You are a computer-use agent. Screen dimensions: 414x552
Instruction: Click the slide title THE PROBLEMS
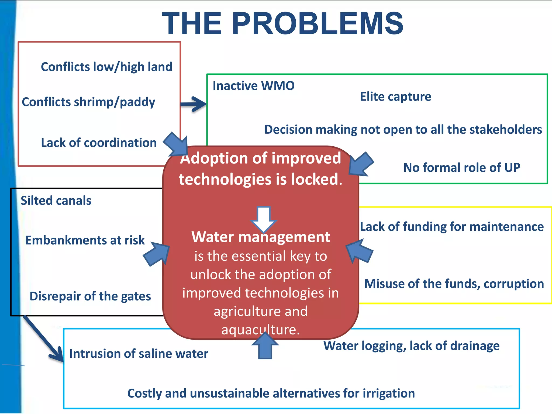282,24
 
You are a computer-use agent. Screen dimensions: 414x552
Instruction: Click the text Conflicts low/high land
106,67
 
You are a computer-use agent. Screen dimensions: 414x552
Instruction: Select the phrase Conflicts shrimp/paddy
88,102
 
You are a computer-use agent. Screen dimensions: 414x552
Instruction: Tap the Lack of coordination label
99,143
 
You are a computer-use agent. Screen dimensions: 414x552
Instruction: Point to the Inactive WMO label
253,86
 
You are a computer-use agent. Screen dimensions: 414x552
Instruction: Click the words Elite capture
395,97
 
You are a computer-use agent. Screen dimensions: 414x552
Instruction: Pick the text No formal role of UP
461,168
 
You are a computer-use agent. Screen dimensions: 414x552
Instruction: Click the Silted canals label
56,201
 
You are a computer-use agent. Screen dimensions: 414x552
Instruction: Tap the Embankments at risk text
85,240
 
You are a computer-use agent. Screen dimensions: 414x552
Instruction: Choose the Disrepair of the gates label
90,296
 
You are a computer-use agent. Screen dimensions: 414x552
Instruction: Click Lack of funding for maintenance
452,227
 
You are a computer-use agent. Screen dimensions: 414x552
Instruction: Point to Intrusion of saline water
139,354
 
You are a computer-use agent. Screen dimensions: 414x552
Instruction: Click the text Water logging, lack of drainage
411,346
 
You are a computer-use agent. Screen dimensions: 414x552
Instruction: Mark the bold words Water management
261,237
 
